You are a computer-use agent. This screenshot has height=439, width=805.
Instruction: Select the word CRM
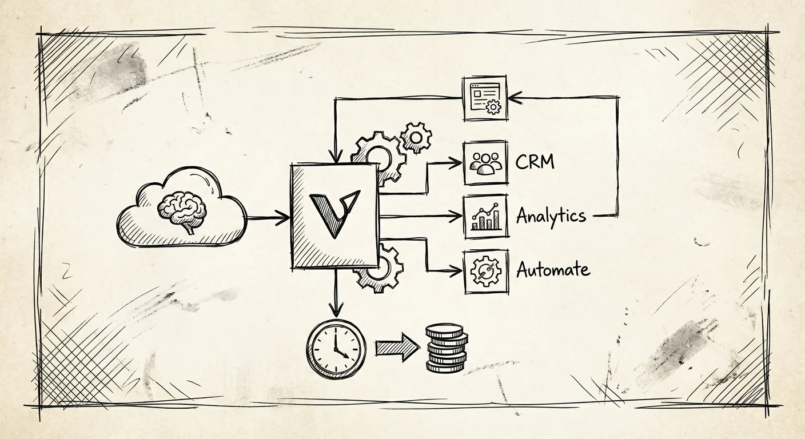[x=535, y=162]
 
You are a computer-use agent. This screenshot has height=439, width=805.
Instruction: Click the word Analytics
[x=551, y=216]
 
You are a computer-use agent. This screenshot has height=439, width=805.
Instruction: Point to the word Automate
[x=552, y=269]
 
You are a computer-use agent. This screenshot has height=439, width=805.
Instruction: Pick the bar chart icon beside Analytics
[x=485, y=216]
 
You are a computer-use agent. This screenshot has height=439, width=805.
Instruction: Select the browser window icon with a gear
[x=485, y=98]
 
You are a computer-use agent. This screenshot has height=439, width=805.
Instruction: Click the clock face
[x=336, y=348]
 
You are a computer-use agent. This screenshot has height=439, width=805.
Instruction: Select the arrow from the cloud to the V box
[x=269, y=217]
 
